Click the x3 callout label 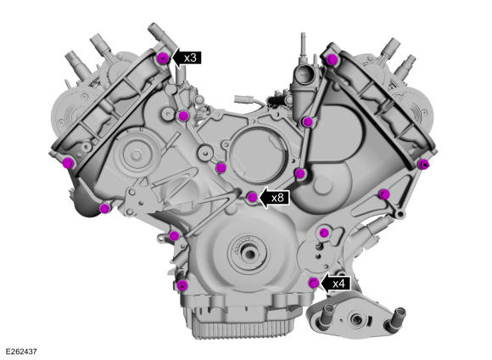pyautogui.click(x=190, y=58)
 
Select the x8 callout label pyautogui.click(x=277, y=198)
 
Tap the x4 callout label pyautogui.click(x=338, y=284)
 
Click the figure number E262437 pyautogui.click(x=21, y=352)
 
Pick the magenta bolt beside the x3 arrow pyautogui.click(x=163, y=58)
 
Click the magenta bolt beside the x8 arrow pyautogui.click(x=253, y=197)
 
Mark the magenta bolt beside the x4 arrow pyautogui.click(x=314, y=283)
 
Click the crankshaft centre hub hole pyautogui.click(x=249, y=253)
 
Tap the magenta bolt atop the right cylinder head pyautogui.click(x=332, y=59)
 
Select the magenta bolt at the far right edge pyautogui.click(x=423, y=164)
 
